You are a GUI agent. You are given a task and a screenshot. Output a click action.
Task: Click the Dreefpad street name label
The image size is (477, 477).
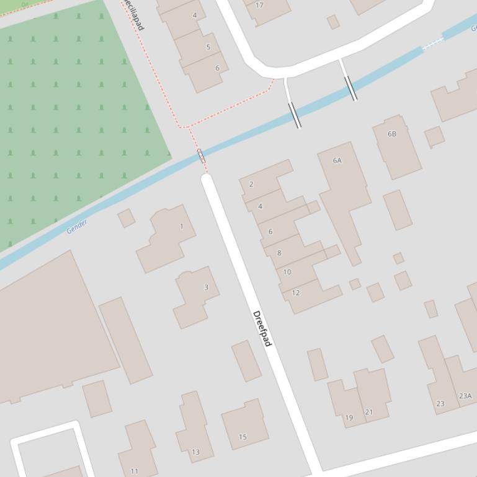pos(262,328)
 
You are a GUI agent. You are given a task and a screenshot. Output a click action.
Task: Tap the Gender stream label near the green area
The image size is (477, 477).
pos(77,226)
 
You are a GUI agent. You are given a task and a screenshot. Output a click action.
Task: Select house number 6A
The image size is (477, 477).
pos(337,160)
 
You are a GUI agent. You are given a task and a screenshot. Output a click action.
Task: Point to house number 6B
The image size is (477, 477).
pos(391,134)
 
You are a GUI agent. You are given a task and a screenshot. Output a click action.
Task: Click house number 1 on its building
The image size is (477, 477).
pos(181,227)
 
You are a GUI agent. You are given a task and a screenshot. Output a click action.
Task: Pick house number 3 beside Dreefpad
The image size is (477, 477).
pos(206,287)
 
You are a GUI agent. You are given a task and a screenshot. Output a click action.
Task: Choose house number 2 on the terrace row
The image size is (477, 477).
pos(251,184)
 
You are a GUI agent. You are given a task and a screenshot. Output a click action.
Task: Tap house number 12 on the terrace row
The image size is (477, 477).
pos(295,293)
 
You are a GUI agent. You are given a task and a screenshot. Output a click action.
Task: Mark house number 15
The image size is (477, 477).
pos(243,437)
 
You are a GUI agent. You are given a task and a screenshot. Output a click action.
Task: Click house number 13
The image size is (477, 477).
pos(195,452)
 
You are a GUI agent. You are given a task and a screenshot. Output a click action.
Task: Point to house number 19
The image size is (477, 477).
pos(349,418)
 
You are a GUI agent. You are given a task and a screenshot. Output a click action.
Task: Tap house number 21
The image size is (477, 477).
pos(369,412)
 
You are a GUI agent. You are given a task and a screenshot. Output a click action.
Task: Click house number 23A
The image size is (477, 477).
pos(465,396)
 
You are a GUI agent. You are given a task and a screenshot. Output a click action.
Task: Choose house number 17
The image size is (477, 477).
pos(259,6)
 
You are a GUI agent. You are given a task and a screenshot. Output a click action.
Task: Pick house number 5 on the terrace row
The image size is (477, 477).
pos(208,47)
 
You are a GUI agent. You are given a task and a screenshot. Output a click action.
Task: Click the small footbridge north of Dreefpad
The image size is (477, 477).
pos(201,155)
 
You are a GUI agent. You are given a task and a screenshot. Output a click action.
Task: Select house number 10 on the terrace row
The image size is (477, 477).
pos(287,272)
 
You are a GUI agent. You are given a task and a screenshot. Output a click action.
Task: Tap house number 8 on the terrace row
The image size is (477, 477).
pos(279,253)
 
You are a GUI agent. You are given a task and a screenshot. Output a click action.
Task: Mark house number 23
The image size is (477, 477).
pos(440,404)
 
